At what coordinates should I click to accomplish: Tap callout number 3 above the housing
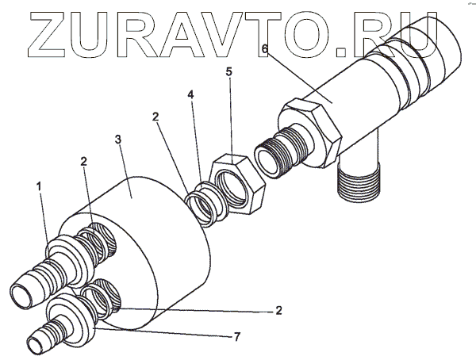[117, 140]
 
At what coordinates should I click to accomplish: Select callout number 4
[190, 95]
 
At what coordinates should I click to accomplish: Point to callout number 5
[229, 72]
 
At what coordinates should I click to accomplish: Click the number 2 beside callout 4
[156, 117]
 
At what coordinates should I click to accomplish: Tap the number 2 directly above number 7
[278, 310]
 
